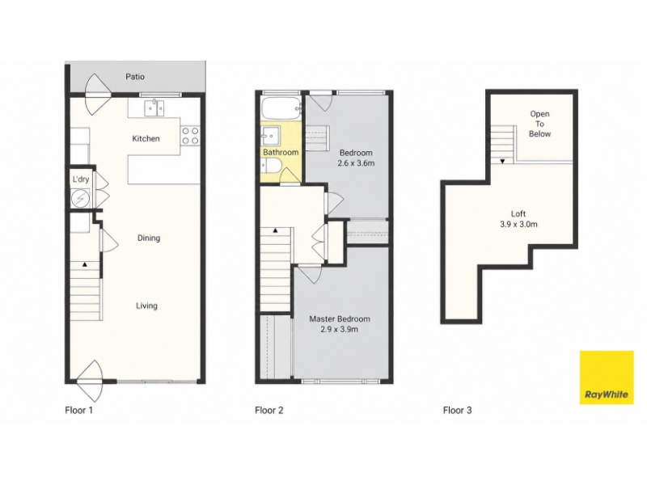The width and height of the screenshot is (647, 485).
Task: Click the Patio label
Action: pyautogui.click(x=135, y=77)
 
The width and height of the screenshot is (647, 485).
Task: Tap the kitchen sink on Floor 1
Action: pyautogui.click(x=154, y=108)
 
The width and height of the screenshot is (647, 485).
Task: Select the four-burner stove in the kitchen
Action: pyautogui.click(x=190, y=136)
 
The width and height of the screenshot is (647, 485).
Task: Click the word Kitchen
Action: pyautogui.click(x=146, y=138)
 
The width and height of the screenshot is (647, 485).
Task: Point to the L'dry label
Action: pyautogui.click(x=81, y=179)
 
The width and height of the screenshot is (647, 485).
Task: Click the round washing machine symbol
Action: pyautogui.click(x=80, y=199)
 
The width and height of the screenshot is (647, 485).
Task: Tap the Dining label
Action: pyautogui.click(x=149, y=238)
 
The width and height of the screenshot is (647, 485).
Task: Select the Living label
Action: pyautogui.click(x=146, y=306)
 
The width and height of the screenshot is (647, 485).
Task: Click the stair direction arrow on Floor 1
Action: pyautogui.click(x=85, y=264)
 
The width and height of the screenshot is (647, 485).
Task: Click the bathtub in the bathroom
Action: pyautogui.click(x=282, y=108)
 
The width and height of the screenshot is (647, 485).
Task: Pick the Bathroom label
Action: pyautogui.click(x=281, y=152)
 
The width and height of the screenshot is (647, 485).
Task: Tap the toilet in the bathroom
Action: pyautogui.click(x=272, y=166)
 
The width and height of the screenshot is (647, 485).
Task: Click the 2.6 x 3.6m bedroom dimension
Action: pyautogui.click(x=356, y=163)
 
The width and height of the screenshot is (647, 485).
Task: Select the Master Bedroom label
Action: pyautogui.click(x=340, y=318)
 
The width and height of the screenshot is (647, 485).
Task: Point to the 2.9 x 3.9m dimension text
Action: pyautogui.click(x=340, y=329)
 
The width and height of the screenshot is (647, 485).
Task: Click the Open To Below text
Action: pyautogui.click(x=539, y=124)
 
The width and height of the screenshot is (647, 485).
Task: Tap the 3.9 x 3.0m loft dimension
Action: pyautogui.click(x=518, y=225)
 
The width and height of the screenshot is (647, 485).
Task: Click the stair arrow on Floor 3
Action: pyautogui.click(x=502, y=162)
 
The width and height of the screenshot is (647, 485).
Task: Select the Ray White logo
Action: pyautogui.click(x=607, y=377)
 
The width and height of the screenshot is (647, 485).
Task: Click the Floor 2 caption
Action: pyautogui.click(x=269, y=411)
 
